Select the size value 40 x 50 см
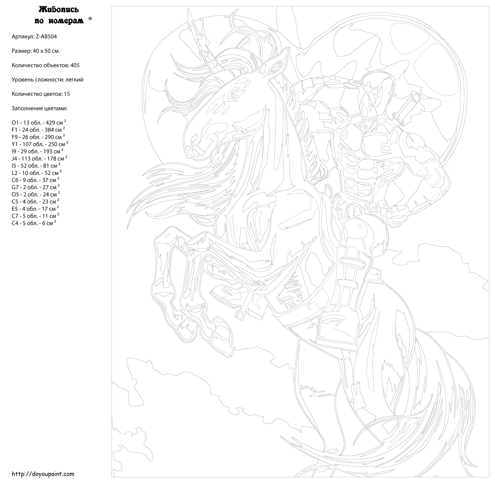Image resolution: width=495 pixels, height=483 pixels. tap(46, 51)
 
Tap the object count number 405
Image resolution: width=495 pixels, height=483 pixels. tap(75, 65)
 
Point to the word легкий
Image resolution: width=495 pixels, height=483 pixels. tap(75, 80)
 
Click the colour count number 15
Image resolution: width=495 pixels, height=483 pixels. tap(67, 94)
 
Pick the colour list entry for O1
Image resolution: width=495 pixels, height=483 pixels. tap(39, 122)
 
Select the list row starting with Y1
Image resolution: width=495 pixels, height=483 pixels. tap(40, 144)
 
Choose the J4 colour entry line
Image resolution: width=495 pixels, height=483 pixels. tap(39, 158)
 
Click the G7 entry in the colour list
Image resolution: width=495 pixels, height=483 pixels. tap(36, 187)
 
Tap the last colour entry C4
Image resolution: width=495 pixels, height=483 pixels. tap(34, 223)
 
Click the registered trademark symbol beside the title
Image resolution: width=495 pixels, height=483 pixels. tap(90, 19)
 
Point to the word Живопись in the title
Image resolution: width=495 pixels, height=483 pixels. tap(59, 10)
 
